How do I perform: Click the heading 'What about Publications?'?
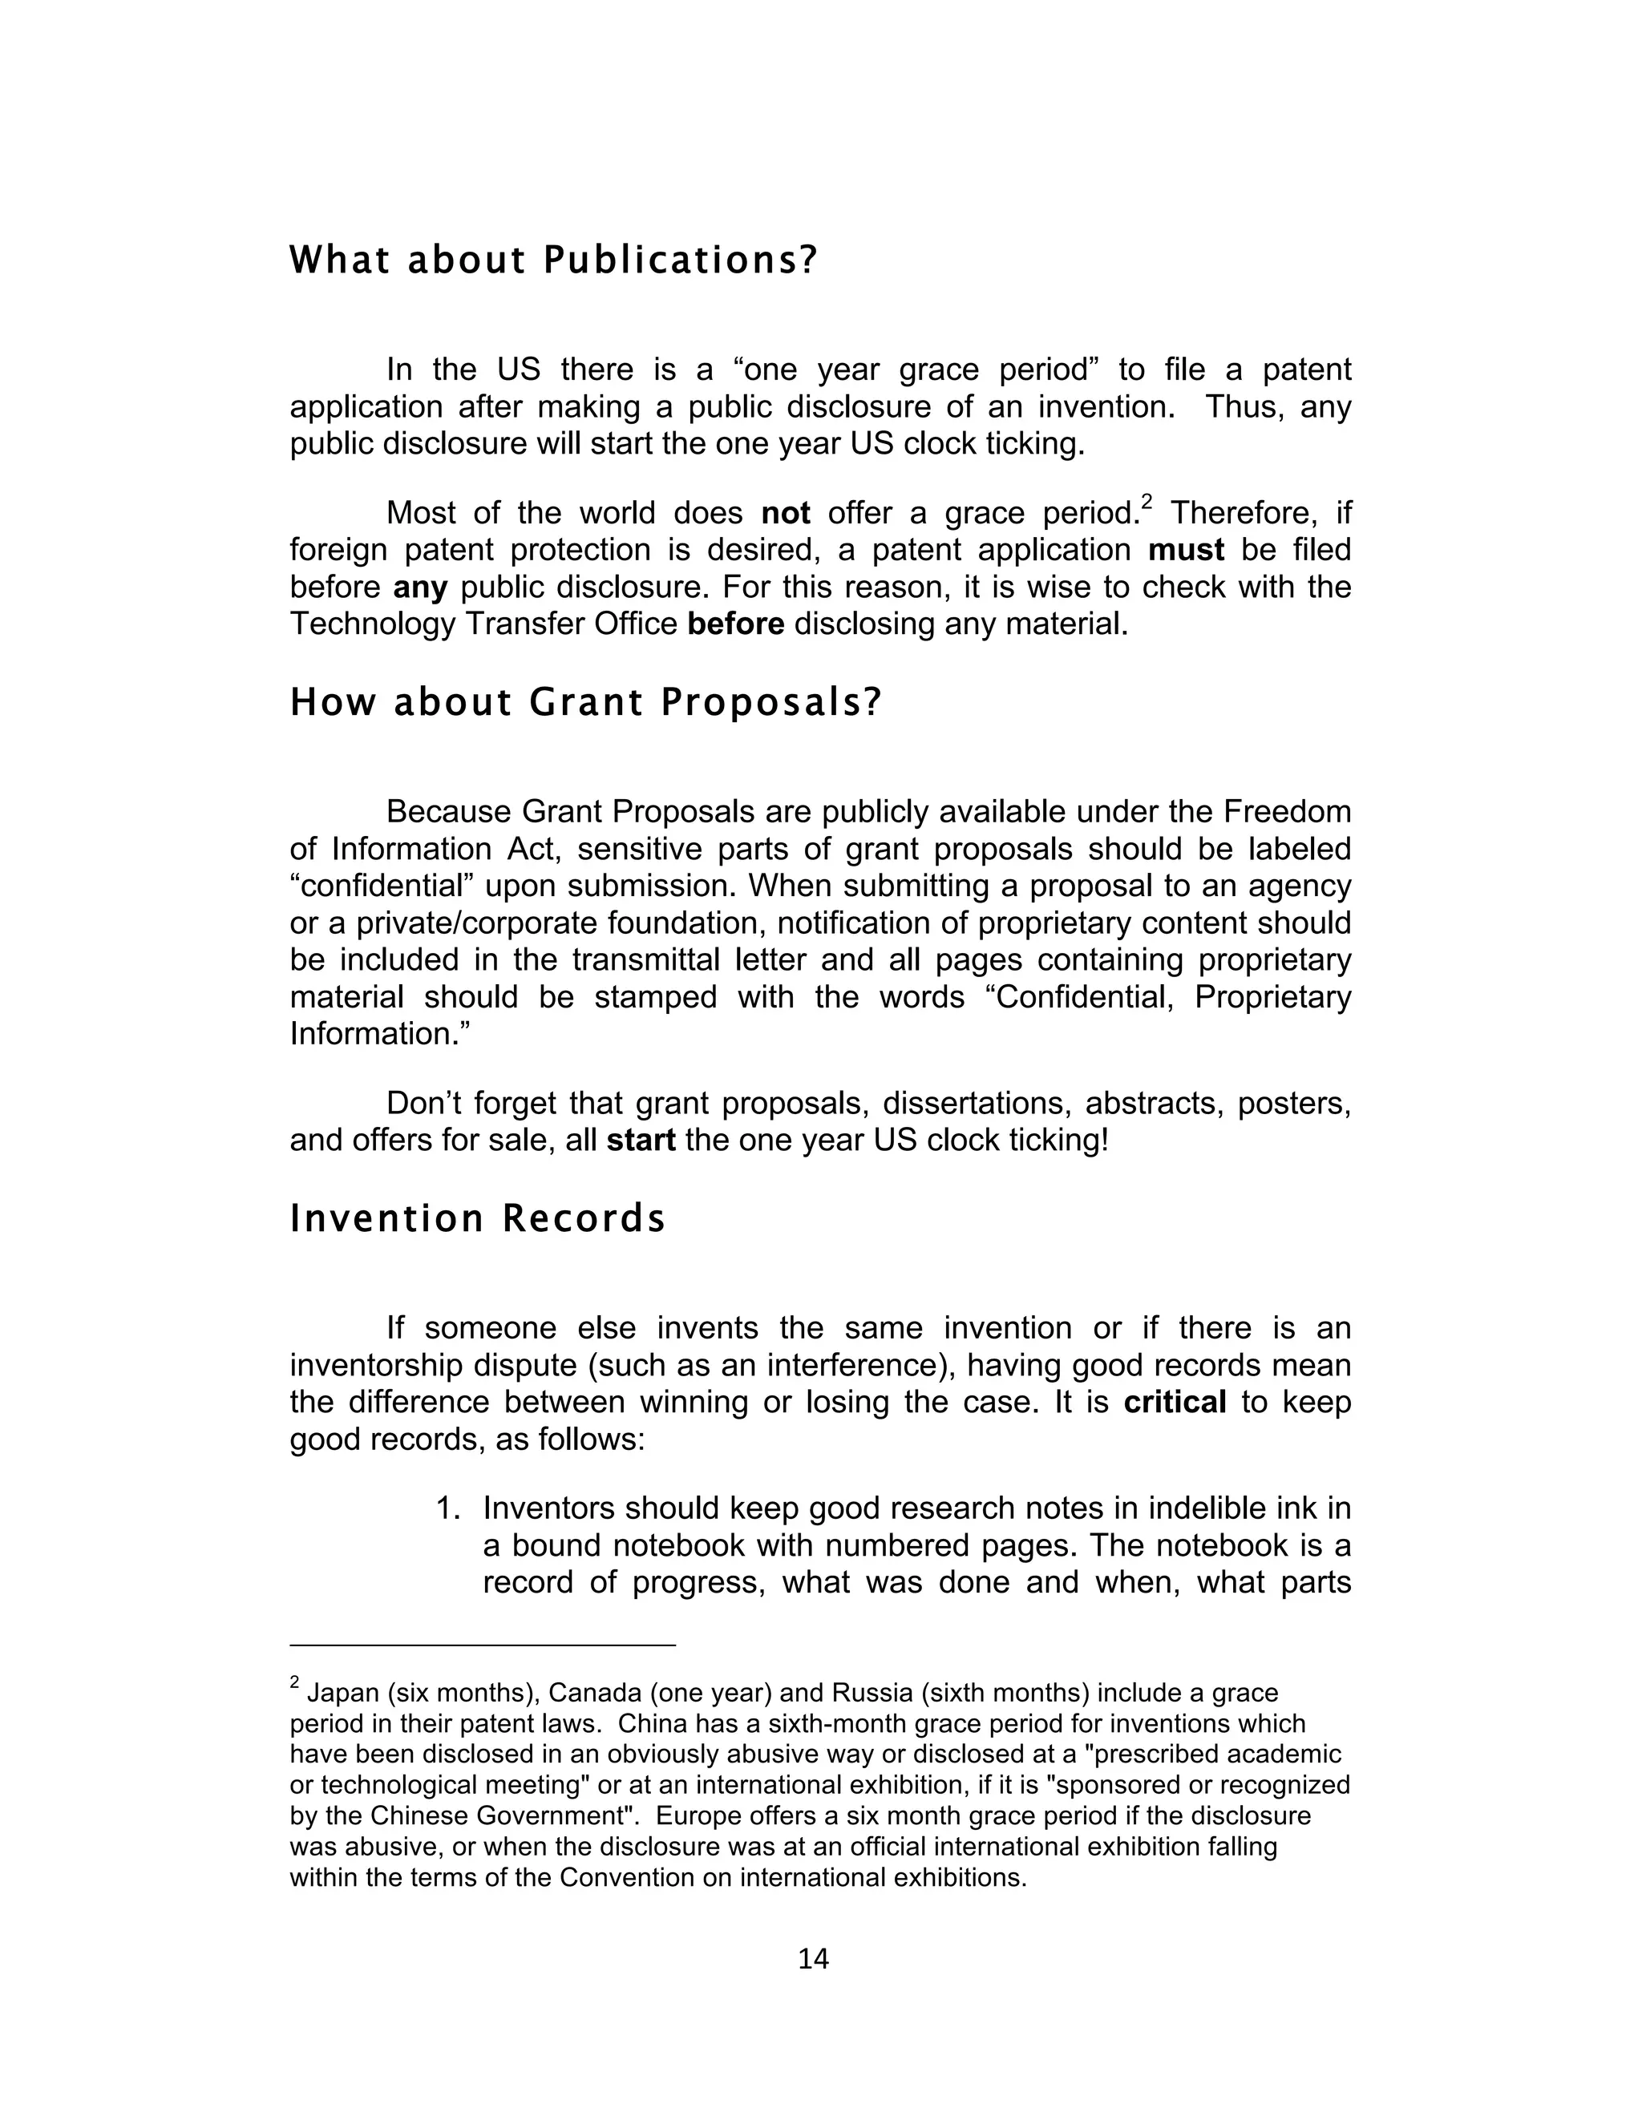click(x=553, y=260)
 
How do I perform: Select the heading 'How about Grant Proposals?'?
click(x=584, y=702)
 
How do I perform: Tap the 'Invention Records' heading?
click(x=478, y=1218)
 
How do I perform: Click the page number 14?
click(x=813, y=1959)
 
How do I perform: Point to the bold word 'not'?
click(x=785, y=514)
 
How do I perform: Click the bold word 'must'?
click(x=1186, y=551)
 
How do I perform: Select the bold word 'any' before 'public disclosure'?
click(x=420, y=588)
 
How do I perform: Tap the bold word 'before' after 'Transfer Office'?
click(x=735, y=624)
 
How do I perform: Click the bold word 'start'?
click(x=641, y=1140)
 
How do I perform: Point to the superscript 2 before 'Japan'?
click(x=295, y=1682)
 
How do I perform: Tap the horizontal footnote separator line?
click(x=483, y=1645)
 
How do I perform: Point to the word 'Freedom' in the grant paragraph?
click(x=1287, y=811)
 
